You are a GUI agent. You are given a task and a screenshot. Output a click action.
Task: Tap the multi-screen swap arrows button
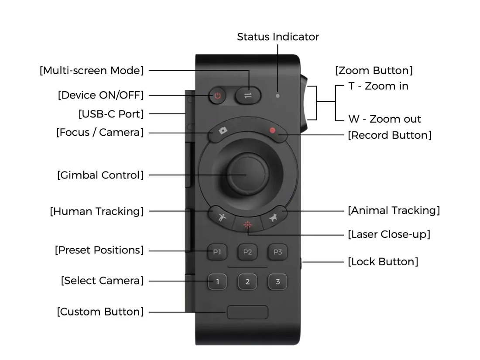(x=248, y=96)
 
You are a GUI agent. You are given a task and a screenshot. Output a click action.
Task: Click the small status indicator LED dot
(x=278, y=95)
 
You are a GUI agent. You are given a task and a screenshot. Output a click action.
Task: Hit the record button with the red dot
(x=273, y=130)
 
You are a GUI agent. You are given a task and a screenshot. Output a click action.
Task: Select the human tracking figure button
(x=222, y=217)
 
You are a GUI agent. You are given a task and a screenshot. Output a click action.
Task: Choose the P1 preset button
(x=217, y=252)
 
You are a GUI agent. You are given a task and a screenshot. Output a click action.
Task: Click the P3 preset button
(x=278, y=252)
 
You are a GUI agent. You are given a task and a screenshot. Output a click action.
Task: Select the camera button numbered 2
(x=247, y=281)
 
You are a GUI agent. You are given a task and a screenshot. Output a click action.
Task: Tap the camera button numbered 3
(x=278, y=281)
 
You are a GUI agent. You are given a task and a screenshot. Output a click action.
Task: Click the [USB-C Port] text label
(x=111, y=114)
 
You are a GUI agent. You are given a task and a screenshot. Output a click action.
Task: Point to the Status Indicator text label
(x=278, y=37)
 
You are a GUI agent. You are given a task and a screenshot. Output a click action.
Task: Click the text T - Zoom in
(x=378, y=86)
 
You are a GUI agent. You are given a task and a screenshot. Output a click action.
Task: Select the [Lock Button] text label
(x=383, y=262)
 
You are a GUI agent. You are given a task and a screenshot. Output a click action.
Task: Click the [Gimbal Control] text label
(x=100, y=175)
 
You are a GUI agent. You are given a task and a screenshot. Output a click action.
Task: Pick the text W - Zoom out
(x=384, y=119)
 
